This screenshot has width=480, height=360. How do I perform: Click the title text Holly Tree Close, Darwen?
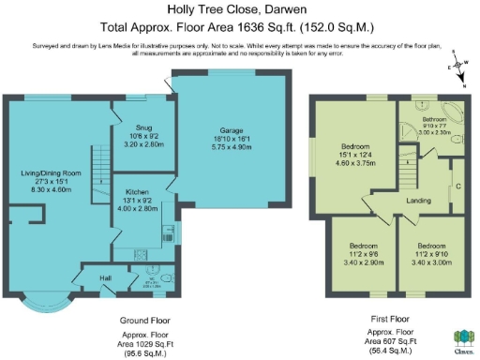coord(239,10)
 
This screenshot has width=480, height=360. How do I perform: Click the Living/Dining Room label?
coord(52,173)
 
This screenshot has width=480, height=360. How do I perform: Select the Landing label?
coord(418,200)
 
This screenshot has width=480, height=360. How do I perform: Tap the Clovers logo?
coord(462,340)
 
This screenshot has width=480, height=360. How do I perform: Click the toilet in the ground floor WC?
coord(164,278)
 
